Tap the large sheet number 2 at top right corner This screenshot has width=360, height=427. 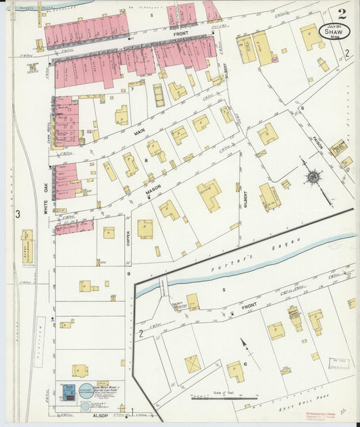tap(342, 14)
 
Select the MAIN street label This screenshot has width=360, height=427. tap(140, 134)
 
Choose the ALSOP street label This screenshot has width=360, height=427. tap(99, 416)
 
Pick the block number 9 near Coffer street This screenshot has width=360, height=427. tap(128, 273)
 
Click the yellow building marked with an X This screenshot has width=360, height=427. tap(193, 363)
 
